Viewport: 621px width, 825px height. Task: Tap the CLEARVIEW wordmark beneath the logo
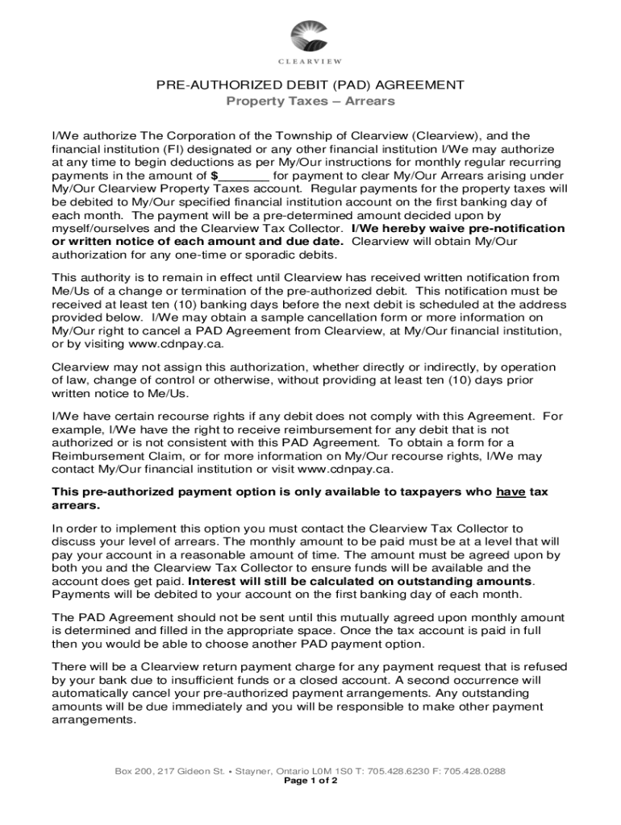310,61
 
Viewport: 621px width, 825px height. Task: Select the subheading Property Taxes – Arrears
310,102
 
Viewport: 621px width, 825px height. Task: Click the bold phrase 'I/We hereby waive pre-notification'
458,228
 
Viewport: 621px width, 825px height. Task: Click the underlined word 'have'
511,491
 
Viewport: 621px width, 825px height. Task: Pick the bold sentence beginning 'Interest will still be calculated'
360,581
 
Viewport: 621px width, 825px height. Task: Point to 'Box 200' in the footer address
131,771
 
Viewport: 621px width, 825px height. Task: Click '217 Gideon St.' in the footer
188,771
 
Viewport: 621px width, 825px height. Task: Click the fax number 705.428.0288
477,771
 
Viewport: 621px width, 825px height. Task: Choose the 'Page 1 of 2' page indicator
310,781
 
